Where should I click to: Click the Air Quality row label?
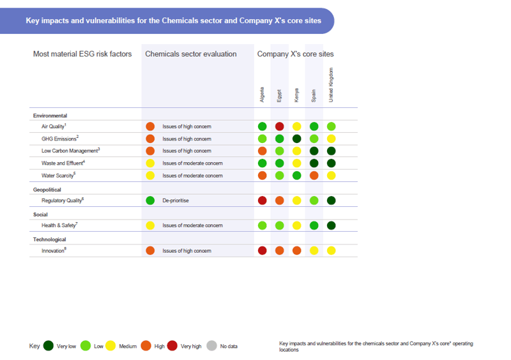[53, 126]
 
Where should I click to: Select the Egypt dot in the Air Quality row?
[279, 126]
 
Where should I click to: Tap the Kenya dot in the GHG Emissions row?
[296, 139]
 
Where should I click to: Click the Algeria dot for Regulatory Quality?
[262, 200]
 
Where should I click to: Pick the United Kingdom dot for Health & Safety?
[331, 225]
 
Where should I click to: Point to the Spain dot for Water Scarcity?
[314, 176]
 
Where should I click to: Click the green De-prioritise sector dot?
[150, 200]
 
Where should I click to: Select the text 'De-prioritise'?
[176, 200]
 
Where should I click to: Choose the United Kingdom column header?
[331, 85]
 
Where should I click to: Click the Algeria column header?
[262, 94]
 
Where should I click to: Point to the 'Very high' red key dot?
[172, 346]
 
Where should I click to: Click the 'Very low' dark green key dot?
[48, 346]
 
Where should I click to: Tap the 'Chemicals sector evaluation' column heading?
[190, 54]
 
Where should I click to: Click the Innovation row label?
[54, 251]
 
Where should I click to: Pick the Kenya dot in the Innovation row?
[296, 251]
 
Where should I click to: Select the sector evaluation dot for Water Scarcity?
[150, 176]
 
